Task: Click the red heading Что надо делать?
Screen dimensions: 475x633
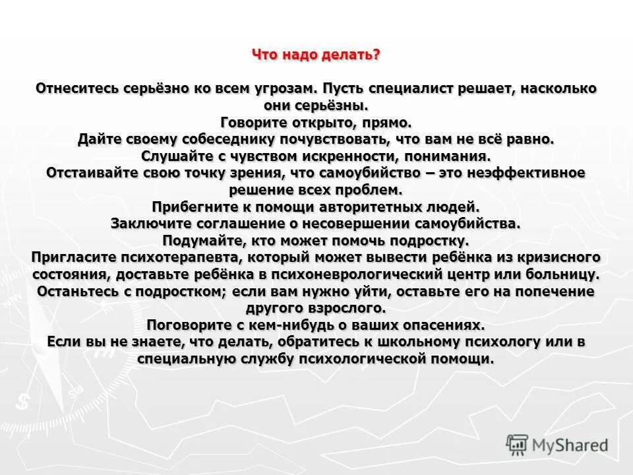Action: click(316, 55)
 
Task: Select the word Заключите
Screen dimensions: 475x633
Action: click(150, 224)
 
